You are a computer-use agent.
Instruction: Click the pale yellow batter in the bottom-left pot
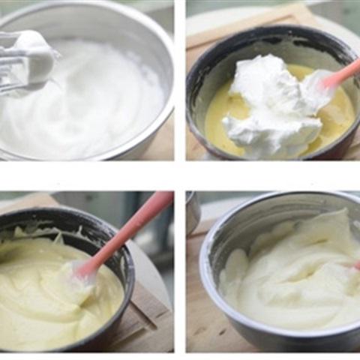point(45,300)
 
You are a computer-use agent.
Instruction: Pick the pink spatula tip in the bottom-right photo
point(355,265)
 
